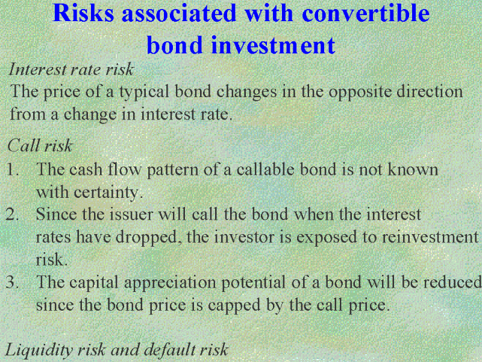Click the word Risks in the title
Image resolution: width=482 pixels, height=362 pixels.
pos(83,13)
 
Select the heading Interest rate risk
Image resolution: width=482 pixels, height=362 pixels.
pos(71,69)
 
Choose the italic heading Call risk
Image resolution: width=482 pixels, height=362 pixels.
pos(40,145)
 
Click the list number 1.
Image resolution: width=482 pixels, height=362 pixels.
pos(12,170)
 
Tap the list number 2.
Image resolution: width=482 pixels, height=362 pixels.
pos(12,214)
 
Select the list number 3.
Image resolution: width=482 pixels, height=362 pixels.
pos(12,282)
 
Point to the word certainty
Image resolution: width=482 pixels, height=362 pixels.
pos(108,192)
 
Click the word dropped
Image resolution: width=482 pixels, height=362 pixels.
pos(148,238)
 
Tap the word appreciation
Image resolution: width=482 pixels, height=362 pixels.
pos(170,282)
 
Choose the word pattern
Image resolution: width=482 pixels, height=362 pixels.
pos(172,170)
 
